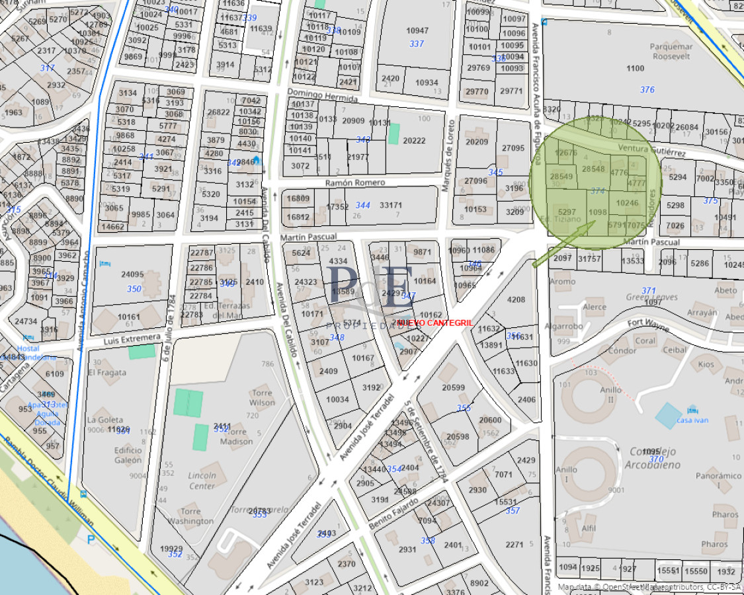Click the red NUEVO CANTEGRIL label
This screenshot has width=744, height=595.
click(426, 322)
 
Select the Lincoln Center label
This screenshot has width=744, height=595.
click(202, 481)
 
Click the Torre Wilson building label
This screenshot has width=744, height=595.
click(263, 397)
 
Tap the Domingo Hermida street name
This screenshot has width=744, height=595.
click(322, 97)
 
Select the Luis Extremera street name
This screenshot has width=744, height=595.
click(132, 338)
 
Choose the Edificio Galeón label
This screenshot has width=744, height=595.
click(128, 455)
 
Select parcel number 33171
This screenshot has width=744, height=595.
click(391, 206)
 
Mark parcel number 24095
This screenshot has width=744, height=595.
click(132, 274)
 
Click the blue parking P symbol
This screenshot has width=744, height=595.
click(91, 539)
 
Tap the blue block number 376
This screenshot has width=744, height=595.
click(647, 90)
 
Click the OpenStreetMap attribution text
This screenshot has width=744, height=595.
click(649, 587)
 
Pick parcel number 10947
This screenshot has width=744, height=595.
click(417, 30)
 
